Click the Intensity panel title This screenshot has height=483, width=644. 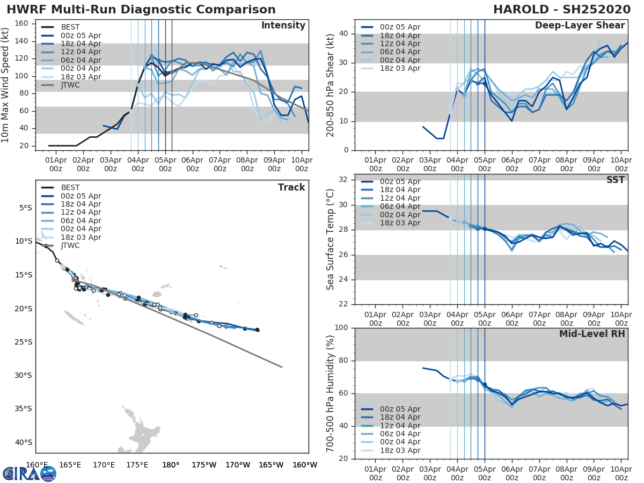click(283, 26)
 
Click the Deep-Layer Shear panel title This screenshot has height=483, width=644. click(580, 26)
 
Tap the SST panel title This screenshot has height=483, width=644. click(616, 180)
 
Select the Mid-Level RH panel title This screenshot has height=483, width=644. click(592, 334)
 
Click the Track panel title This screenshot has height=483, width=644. click(291, 187)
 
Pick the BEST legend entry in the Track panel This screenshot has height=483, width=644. click(70, 187)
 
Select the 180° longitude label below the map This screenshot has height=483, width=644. click(171, 465)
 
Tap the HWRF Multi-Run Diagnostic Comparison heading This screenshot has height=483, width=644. click(141, 10)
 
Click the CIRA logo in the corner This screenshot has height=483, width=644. click(30, 473)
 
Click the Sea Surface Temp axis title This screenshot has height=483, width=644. click(331, 239)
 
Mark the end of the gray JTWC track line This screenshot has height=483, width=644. click(282, 367)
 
